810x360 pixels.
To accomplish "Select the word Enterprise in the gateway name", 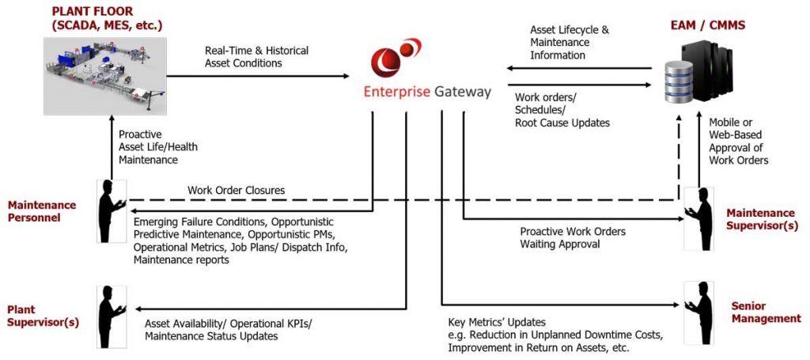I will (x=396, y=92).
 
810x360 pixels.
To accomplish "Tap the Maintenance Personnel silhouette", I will (x=110, y=210).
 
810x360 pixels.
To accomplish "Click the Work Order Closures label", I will (x=236, y=191).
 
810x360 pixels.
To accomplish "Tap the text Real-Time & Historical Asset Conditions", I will (x=256, y=57).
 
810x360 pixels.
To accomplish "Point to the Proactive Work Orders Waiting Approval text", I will (x=573, y=238).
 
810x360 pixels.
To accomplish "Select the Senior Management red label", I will (x=766, y=313).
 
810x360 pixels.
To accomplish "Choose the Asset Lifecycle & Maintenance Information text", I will (x=570, y=43).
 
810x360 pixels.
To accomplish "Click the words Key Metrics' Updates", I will (x=496, y=323).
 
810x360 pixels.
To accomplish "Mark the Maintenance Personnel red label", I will (x=42, y=211).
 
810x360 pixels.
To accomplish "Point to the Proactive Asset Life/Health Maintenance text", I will (x=158, y=147).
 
